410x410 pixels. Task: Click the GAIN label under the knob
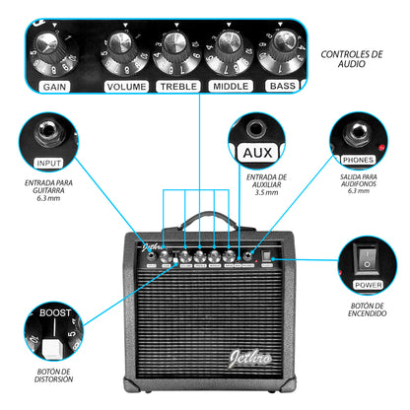55,87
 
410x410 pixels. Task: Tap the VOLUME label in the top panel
126,87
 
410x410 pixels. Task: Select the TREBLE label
178,87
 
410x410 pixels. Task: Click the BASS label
283,87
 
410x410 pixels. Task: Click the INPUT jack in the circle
47,133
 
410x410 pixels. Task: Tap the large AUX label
256,153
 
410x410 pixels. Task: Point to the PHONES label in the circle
357,159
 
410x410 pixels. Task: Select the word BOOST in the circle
54,314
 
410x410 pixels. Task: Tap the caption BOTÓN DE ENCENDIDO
367,316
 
